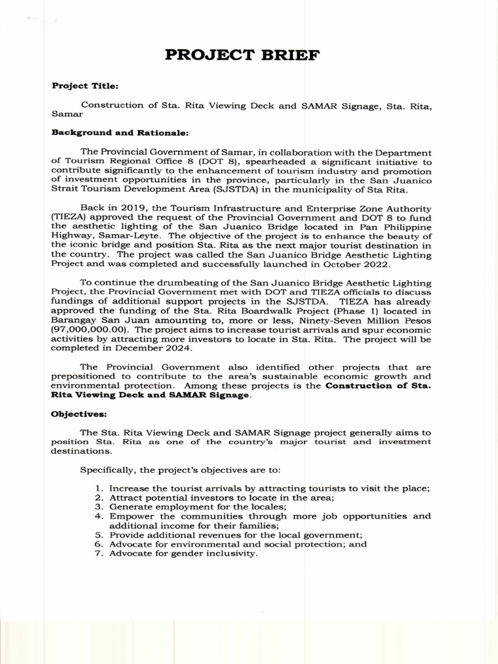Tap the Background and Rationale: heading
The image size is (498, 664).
120,133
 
